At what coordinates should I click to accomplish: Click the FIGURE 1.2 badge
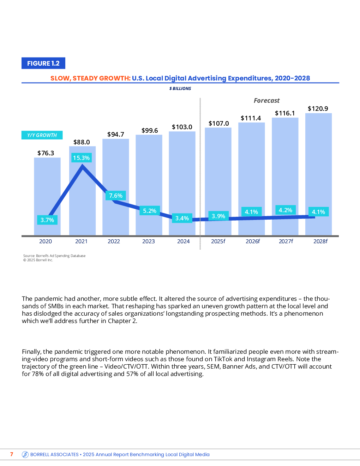43,63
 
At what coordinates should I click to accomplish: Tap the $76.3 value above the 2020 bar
46,153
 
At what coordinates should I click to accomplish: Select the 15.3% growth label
81,158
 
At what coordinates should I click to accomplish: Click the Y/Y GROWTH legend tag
42,135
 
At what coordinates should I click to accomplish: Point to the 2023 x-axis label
149,241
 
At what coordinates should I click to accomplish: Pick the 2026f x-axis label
253,241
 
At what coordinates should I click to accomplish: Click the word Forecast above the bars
266,101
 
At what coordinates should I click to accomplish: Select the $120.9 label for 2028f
318,109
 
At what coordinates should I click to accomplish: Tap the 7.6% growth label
116,196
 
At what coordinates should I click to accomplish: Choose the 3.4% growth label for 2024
182,218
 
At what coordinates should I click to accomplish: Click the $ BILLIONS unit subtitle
180,89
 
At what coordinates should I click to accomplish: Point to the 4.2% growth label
285,210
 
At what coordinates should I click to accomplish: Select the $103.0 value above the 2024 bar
182,127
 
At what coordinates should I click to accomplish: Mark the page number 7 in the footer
12,454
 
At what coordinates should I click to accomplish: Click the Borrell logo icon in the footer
25,454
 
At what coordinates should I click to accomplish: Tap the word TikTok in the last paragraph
223,359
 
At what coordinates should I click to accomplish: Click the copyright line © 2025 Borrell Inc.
38,260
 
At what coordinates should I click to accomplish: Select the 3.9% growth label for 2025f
218,216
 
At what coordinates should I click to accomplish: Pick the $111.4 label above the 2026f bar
251,118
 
